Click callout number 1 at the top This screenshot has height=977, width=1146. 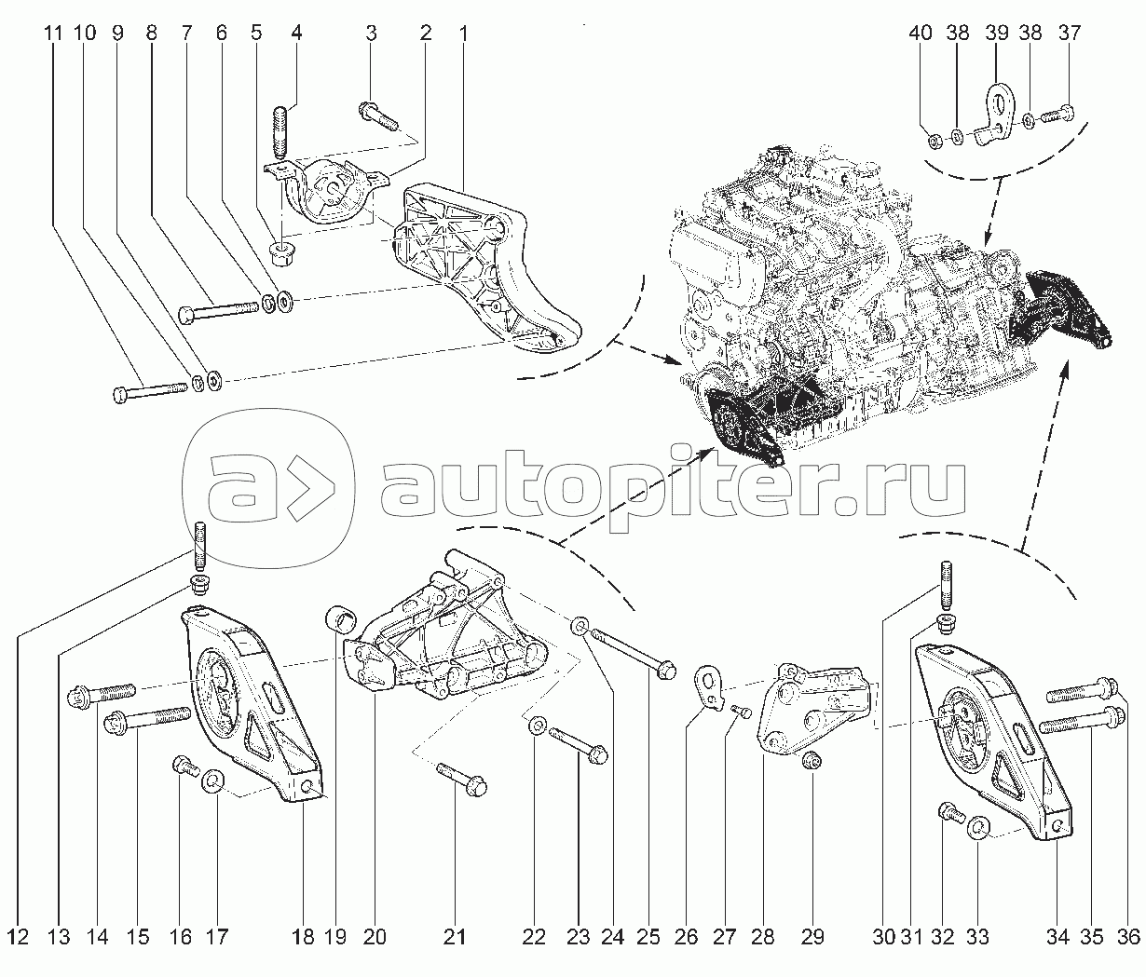click(x=463, y=34)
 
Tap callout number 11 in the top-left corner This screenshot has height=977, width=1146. click(x=53, y=34)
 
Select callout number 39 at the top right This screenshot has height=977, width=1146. click(x=996, y=34)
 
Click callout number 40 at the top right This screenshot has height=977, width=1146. click(x=921, y=34)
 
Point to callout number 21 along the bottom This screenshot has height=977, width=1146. click(x=455, y=937)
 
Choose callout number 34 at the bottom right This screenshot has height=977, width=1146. click(x=1057, y=937)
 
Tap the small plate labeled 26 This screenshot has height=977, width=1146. click(x=707, y=687)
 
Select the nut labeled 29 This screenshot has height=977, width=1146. click(x=812, y=761)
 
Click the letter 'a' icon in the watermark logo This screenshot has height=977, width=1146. click(x=241, y=489)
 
